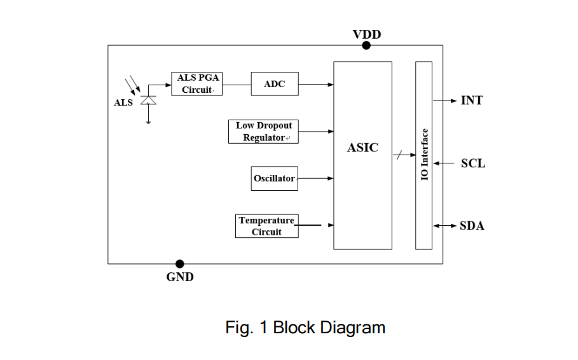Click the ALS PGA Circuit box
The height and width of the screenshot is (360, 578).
(197, 83)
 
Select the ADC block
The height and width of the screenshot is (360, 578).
(275, 84)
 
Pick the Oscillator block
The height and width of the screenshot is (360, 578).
(275, 179)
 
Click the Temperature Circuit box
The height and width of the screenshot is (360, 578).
(266, 226)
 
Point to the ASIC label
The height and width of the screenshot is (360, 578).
(362, 148)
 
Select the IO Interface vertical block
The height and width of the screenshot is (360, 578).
(423, 155)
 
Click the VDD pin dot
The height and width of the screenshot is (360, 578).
(366, 45)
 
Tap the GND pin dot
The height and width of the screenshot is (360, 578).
(180, 263)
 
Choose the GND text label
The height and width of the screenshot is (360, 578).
(180, 277)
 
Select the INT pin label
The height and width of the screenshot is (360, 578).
(471, 100)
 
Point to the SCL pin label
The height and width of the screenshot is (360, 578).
(472, 163)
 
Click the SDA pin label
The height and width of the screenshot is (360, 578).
(472, 226)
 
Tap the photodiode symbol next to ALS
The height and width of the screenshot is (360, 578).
(148, 100)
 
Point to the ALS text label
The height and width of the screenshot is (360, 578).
(123, 103)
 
